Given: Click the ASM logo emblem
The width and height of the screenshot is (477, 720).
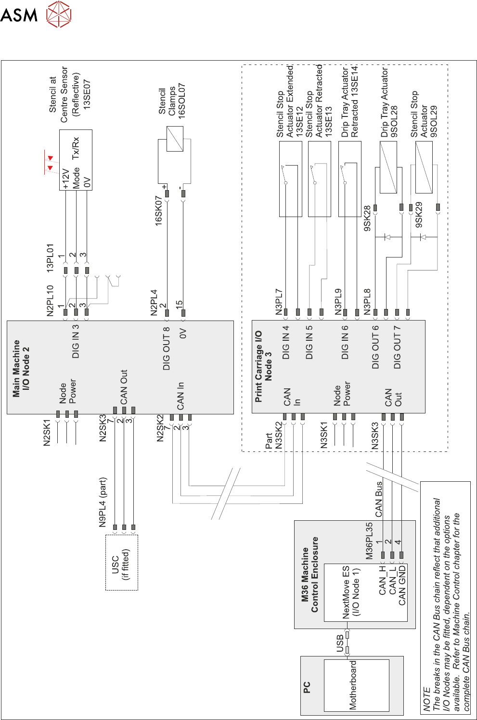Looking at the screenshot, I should tap(58, 14).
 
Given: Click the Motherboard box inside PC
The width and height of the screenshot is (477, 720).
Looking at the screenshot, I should tap(356, 685).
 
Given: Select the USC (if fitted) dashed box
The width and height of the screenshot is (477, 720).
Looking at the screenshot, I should tap(121, 562).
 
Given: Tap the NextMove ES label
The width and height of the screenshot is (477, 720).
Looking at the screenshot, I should tap(346, 592).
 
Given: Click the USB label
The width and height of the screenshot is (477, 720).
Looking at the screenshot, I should tap(340, 643).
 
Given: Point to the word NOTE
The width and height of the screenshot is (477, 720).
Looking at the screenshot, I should tap(426, 699).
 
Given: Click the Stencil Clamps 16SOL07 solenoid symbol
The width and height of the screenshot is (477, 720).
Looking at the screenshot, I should tap(175, 139).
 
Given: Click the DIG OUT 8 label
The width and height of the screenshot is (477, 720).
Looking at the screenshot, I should tap(167, 348).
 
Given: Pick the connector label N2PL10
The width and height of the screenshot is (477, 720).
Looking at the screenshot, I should tap(50, 300).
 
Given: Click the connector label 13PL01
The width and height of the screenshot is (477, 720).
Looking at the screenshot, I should tap(50, 258).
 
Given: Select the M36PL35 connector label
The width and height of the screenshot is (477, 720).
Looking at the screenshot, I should tap(369, 541).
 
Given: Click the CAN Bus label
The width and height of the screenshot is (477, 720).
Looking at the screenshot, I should tap(379, 499).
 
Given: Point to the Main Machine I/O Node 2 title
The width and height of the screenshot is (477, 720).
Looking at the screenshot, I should tap(21, 368).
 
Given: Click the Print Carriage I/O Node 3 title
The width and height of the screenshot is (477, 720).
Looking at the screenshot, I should tap(263, 366).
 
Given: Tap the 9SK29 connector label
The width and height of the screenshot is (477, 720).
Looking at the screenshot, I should tap(419, 215).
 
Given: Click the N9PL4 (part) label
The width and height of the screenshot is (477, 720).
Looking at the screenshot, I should tap(103, 502).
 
